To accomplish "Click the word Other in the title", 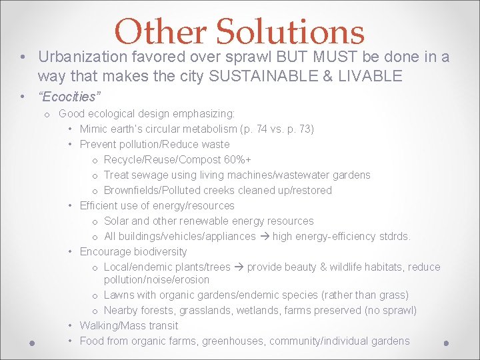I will (162, 31).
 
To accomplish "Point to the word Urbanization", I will (84, 57).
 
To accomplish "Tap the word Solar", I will (117, 221).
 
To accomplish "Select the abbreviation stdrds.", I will (395, 236).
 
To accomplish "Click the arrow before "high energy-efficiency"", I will (264, 236).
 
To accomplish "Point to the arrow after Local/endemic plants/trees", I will (239, 267).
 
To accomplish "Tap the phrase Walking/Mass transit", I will (129, 325).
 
